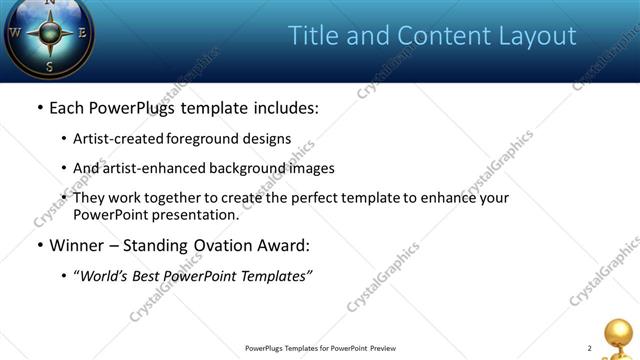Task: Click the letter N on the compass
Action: coord(48,3)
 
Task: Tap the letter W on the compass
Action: coord(15,31)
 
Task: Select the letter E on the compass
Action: coord(83,31)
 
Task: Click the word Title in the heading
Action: coord(314,36)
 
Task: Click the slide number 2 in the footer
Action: coord(589,348)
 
